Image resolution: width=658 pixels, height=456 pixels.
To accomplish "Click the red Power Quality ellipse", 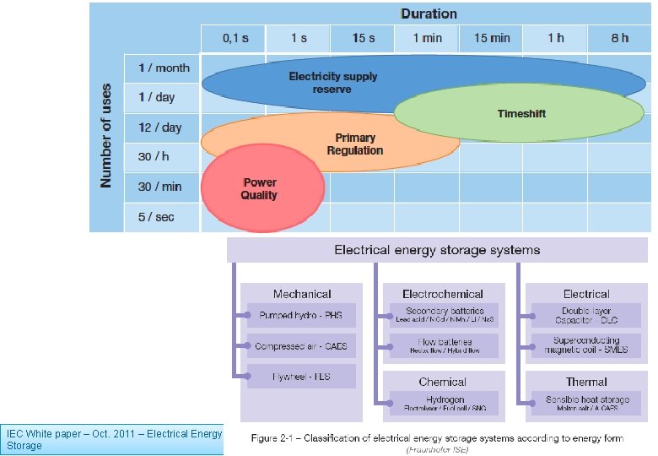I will coord(262,187).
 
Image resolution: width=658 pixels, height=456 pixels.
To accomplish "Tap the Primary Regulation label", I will coord(355,144).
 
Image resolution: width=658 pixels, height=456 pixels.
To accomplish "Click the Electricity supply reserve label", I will coord(332,82).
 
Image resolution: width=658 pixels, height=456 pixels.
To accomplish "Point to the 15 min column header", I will coord(491,38).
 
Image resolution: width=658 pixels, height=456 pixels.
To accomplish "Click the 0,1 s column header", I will coord(235,38).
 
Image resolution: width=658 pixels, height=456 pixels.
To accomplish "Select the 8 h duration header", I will coord(619,38).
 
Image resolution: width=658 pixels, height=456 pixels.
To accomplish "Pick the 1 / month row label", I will coord(164,68).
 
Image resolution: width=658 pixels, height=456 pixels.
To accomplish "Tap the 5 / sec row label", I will coord(156,217).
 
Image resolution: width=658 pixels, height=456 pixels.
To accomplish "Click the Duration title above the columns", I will coord(429,14).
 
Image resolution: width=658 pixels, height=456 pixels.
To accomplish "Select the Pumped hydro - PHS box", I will coord(301,315).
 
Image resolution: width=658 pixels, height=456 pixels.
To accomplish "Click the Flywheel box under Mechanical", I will coord(301,377).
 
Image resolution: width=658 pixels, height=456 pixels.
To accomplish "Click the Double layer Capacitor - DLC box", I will coord(586,315).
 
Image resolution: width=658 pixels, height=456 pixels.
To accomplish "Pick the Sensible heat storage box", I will coord(586,403).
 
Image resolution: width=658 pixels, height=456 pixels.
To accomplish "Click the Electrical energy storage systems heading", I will coord(437,250).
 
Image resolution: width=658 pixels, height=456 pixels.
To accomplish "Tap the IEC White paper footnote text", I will coord(114,439).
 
